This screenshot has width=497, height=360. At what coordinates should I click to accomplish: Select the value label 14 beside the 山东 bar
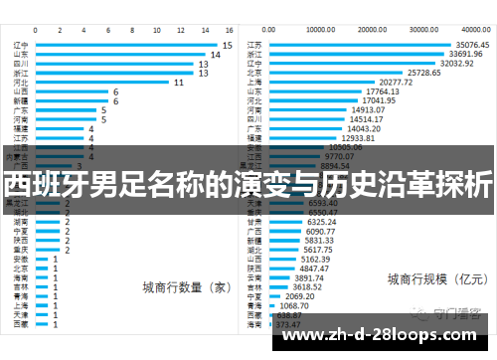[214, 55]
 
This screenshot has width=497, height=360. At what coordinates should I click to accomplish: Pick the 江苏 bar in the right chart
[358, 45]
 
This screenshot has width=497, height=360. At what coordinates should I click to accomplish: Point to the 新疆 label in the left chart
[21, 100]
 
